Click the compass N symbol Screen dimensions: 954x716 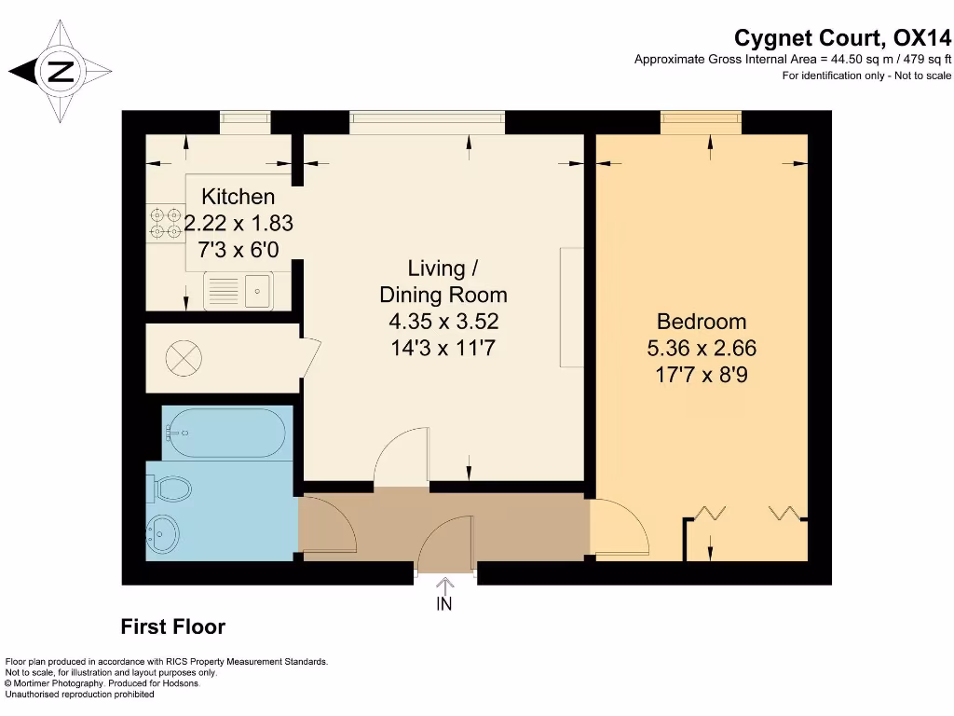(x=61, y=71)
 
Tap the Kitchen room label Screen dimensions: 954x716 (x=238, y=197)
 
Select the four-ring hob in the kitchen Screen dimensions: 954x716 (x=166, y=223)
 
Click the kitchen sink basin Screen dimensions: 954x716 (x=258, y=291)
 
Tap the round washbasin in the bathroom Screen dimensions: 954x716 (x=162, y=534)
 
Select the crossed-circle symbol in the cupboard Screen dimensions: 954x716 (x=184, y=358)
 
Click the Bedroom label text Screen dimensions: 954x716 (x=702, y=322)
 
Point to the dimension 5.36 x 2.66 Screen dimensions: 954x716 (x=702, y=349)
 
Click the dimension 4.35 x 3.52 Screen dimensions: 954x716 (x=443, y=322)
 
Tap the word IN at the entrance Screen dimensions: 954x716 (x=444, y=604)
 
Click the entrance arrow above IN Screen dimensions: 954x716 (x=444, y=585)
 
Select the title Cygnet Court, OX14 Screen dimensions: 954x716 (x=842, y=37)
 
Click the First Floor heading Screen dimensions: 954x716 (x=172, y=626)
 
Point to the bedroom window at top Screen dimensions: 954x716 (x=701, y=122)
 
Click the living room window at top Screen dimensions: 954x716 (x=427, y=122)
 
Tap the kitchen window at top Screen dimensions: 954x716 (x=245, y=122)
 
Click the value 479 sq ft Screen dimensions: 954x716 (x=927, y=59)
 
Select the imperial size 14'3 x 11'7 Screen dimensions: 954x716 (x=443, y=349)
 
